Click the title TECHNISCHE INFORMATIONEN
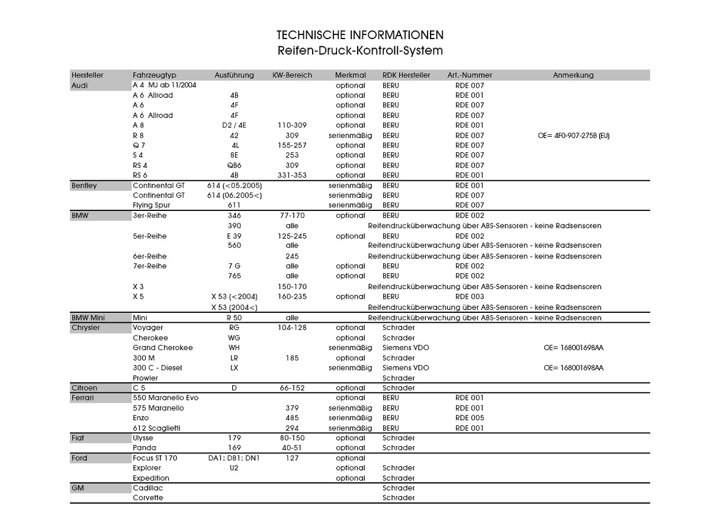coord(359,36)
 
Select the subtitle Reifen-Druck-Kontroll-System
coord(359,51)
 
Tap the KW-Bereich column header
coord(292,75)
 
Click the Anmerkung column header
coord(573,75)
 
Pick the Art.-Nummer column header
coord(470,75)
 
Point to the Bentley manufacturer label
coord(84,185)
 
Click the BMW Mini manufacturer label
coord(88,318)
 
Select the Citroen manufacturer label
coord(85,388)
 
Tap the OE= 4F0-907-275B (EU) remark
coord(573,136)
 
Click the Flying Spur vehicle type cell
coord(152,205)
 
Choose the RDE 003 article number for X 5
coord(470,296)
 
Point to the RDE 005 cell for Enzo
coord(470,418)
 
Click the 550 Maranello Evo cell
coord(166,398)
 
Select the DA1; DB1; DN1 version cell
coord(234,458)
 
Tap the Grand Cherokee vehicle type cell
coord(163,348)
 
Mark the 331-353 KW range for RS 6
coord(292,175)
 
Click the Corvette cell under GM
coord(148,498)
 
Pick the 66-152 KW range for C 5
coord(292,388)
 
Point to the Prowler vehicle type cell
coord(146,378)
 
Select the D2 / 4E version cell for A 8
coord(234,125)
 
